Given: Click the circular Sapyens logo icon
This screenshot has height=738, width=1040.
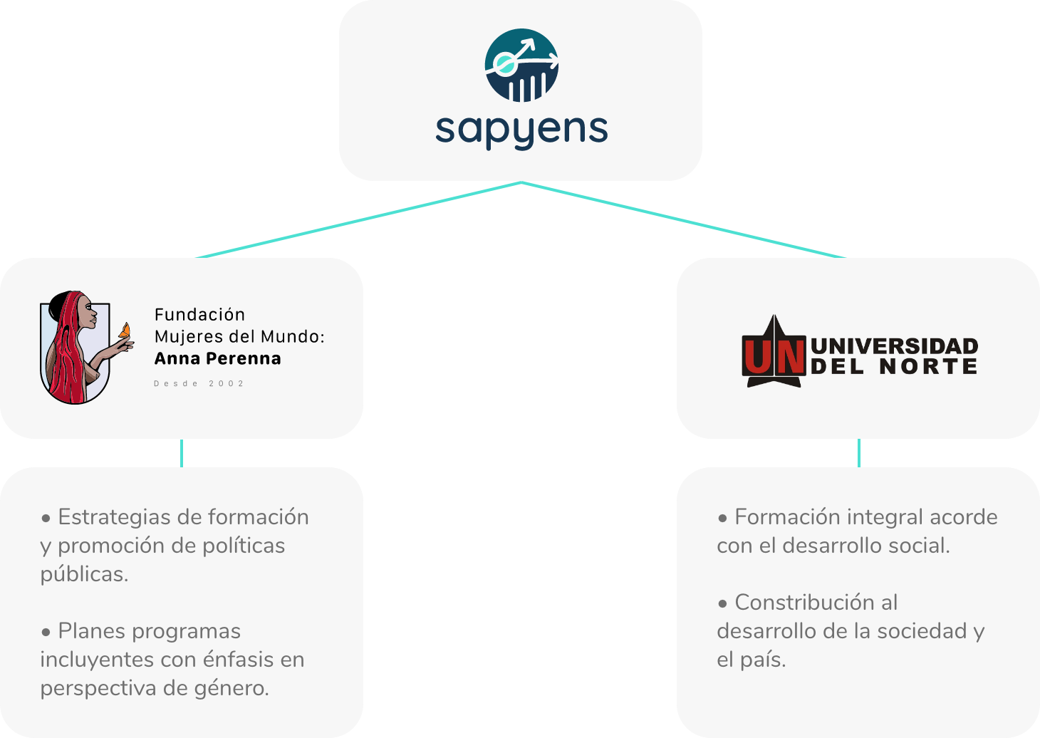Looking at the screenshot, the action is (x=521, y=65).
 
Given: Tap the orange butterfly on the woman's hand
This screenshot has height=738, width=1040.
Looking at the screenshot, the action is (x=125, y=331).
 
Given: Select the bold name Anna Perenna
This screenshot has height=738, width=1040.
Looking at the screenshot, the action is (x=218, y=358).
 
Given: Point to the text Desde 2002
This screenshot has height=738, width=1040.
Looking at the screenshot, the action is (x=199, y=384).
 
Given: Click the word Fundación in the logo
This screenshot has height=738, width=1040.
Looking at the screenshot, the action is (x=199, y=314).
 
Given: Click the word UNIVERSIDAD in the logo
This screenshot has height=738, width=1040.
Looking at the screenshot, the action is (x=895, y=346).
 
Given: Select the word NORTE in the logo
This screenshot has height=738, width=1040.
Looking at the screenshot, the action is (x=928, y=366).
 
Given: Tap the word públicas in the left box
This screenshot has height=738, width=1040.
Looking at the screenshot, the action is (x=84, y=575).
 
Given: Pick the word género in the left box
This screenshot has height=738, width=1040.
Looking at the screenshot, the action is (x=232, y=688).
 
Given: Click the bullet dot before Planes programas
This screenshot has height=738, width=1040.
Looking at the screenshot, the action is (x=46, y=632).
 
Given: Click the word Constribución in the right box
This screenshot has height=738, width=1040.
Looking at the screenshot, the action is (x=816, y=603).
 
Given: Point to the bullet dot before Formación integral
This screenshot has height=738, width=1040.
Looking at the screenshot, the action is (x=722, y=518).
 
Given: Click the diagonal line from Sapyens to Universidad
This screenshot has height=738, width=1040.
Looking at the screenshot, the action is (x=683, y=219).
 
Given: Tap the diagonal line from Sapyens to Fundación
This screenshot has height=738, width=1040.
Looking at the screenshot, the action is (x=358, y=219).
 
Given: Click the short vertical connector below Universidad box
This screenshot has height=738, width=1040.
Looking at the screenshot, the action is (x=859, y=453).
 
